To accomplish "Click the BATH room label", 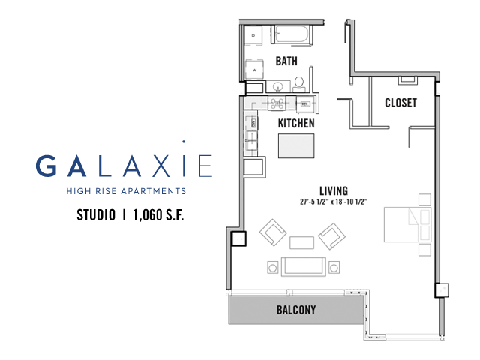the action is tap(286, 61).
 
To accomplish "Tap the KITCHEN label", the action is tap(296, 123).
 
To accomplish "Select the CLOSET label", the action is tap(400, 103).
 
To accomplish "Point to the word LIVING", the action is tap(334, 191).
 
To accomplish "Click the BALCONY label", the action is tap(296, 310).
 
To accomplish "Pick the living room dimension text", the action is tap(334, 202).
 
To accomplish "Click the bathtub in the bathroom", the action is tap(292, 34).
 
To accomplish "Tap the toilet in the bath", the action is tap(299, 85).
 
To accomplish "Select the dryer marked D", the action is tap(253, 35).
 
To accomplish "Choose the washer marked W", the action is tap(254, 70).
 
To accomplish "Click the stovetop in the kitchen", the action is tap(277, 103).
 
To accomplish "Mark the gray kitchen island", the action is tap(296, 146).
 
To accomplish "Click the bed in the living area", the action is tap(407, 225).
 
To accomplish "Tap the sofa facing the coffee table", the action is tap(303, 267).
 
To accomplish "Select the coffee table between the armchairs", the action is tap(301, 242).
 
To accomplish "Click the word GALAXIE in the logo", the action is tap(124, 166).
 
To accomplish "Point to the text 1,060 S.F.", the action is tap(158, 215).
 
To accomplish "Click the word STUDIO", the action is tap(96, 215).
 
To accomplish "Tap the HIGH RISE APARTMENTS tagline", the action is tap(126, 191).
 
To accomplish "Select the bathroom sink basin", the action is tap(278, 85).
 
